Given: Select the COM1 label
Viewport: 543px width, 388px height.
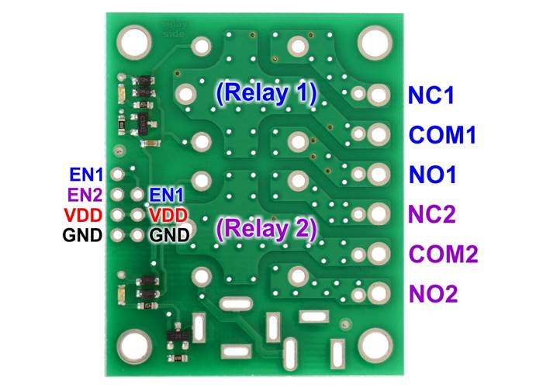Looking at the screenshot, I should point(441,136).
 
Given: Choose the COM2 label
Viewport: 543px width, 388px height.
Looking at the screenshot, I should point(441,254).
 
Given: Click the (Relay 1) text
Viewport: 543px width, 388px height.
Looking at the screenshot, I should point(266,94).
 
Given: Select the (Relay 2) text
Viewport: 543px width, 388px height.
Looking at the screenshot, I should point(266,229).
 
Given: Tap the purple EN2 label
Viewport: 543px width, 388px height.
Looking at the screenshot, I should point(85,194).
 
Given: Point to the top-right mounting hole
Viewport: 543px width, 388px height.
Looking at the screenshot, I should point(378,39).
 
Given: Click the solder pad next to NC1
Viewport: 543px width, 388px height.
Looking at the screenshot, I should point(379,95).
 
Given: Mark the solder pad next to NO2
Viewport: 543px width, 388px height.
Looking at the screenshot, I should point(379,293).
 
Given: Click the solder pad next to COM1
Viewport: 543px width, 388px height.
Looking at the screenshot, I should point(379,134).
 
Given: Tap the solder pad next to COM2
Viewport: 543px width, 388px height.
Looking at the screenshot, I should point(379,253).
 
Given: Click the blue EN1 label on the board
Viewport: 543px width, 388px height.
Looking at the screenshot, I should point(167,194).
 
